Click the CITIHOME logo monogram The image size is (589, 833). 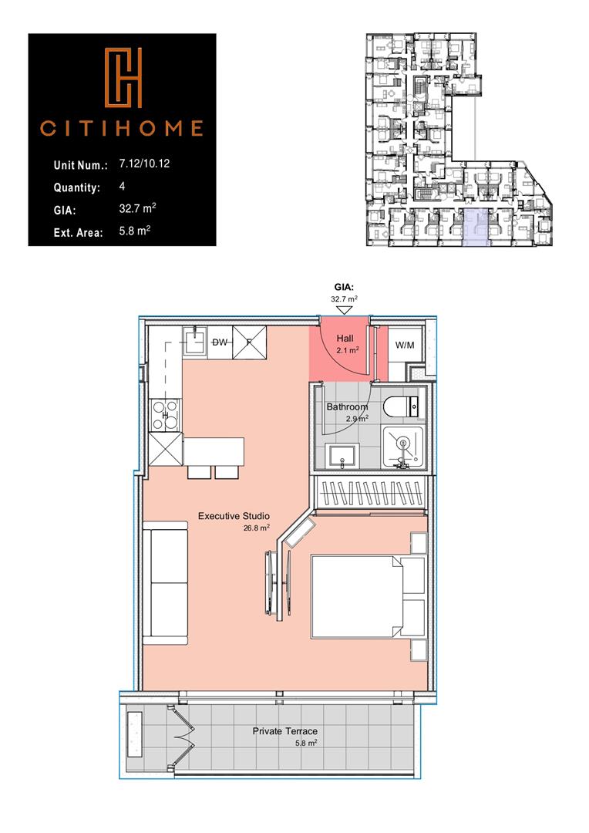(122, 78)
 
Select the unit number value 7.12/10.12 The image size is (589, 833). (147, 164)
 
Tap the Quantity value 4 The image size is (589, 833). (123, 187)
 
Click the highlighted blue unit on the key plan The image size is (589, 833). (479, 227)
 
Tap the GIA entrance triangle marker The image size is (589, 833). (345, 309)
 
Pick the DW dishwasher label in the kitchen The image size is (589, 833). (219, 342)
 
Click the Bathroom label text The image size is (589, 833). (347, 406)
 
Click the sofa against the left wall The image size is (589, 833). (165, 582)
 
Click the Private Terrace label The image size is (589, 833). (285, 731)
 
